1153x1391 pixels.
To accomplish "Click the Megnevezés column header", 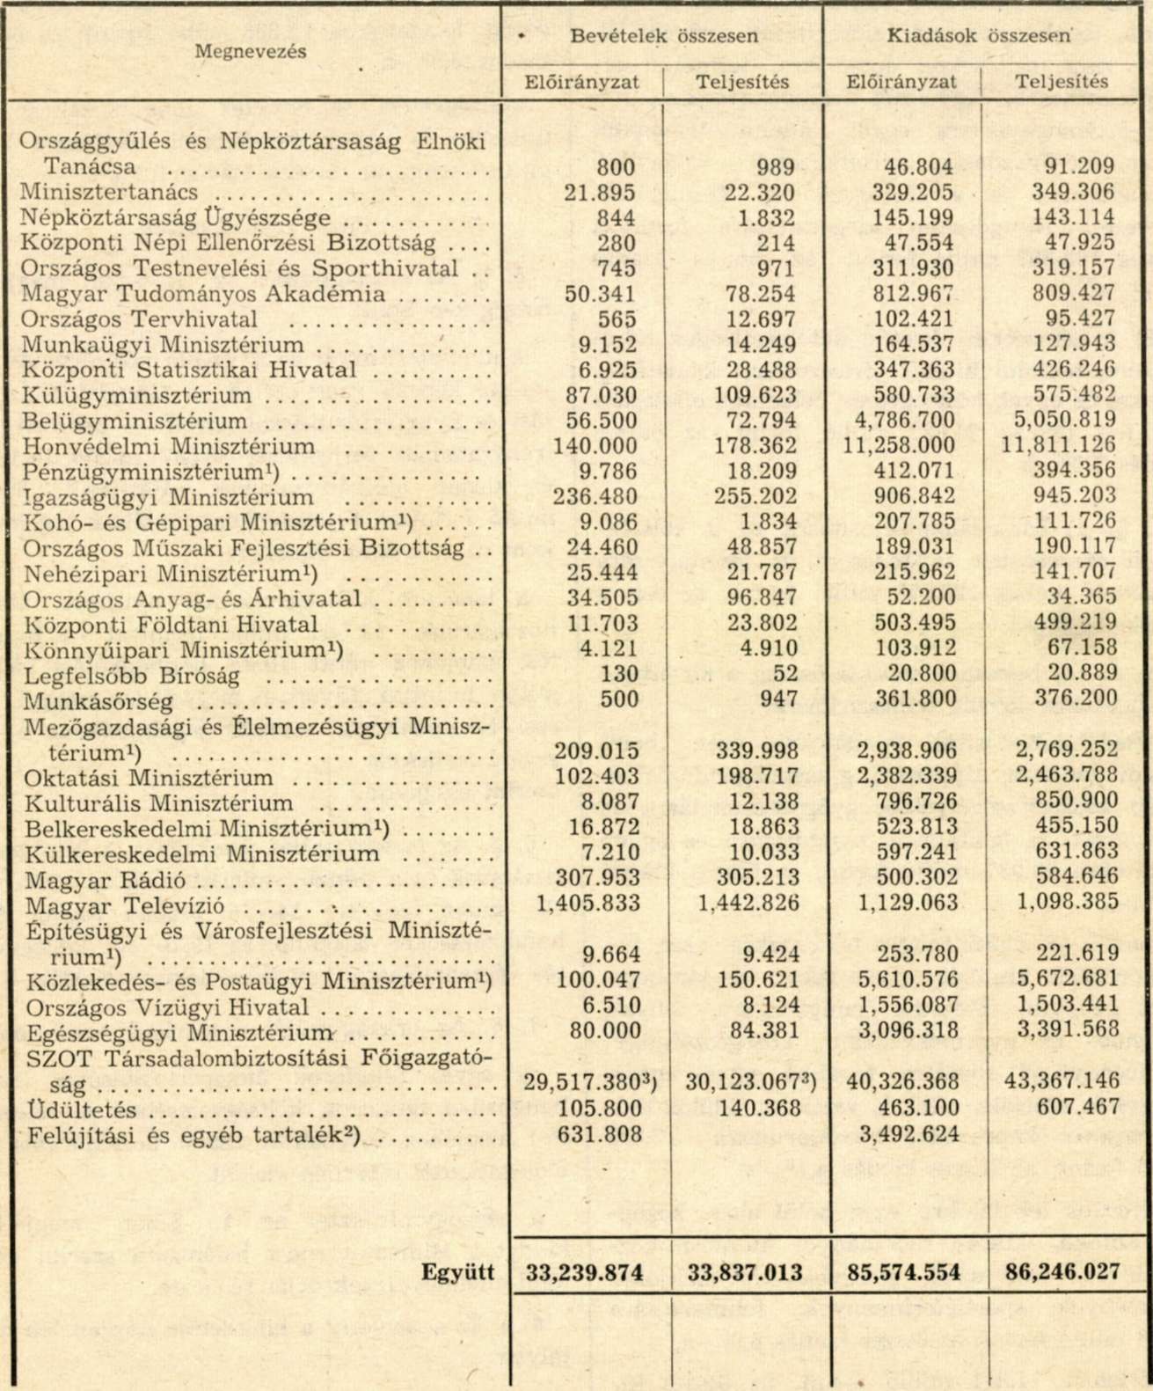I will (251, 51).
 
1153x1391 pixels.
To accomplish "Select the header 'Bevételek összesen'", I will (664, 36).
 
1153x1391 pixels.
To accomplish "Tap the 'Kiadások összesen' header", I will (980, 36).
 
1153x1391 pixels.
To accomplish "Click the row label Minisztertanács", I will (109, 192).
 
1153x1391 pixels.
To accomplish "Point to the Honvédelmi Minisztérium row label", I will (168, 446).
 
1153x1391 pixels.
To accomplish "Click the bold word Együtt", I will (457, 1272).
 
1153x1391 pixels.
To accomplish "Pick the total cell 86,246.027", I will (1062, 1272).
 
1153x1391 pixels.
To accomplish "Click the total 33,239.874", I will (584, 1272).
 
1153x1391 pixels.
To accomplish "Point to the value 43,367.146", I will (1062, 1082).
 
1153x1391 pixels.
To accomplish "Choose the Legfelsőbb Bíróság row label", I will (132, 677).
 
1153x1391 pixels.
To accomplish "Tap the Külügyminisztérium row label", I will (136, 396).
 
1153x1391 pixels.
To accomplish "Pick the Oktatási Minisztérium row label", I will (149, 778).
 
